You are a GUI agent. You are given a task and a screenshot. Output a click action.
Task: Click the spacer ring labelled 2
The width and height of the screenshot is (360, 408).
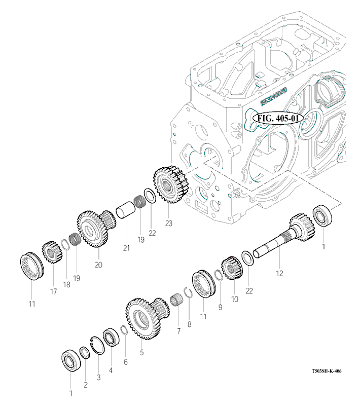[84, 352]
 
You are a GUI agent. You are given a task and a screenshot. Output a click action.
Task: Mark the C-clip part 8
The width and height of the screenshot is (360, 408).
[186, 293]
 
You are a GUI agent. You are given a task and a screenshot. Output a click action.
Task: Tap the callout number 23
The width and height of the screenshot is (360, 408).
[168, 222]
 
